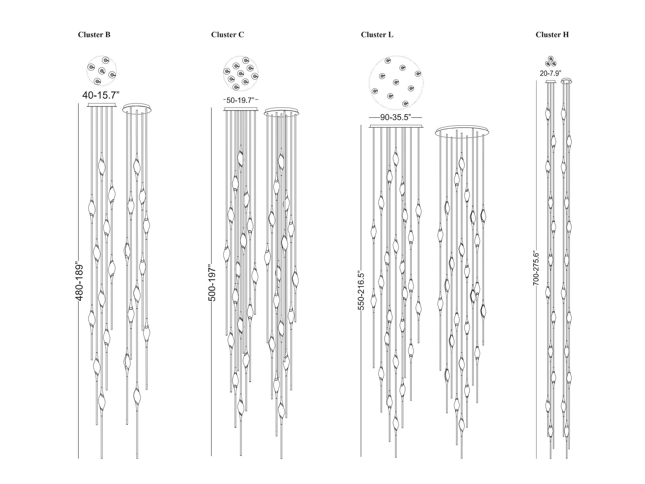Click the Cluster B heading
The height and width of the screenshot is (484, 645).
tap(94, 35)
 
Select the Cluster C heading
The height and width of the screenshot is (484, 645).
tap(227, 35)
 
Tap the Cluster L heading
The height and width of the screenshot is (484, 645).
tap(377, 35)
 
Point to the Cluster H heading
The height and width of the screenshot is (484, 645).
tap(552, 35)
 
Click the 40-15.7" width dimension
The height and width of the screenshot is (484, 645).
tap(101, 95)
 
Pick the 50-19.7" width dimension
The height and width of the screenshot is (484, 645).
tap(241, 100)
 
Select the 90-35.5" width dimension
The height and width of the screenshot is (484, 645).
tap(395, 118)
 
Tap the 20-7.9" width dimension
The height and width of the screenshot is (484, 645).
tap(551, 74)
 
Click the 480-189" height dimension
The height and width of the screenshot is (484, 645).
tap(79, 283)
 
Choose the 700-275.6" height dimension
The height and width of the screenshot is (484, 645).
tap(536, 268)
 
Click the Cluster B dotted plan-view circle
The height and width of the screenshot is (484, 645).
tap(102, 71)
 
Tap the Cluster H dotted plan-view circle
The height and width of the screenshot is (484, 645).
tap(551, 62)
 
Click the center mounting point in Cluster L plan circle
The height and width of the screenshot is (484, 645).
tap(396, 82)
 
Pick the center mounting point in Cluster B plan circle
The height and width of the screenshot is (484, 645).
tap(101, 71)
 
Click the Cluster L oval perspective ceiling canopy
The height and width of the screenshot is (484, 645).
tap(462, 132)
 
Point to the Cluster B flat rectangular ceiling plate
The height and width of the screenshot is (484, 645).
tap(102, 105)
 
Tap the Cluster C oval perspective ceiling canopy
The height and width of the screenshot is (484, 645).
tap(281, 112)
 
